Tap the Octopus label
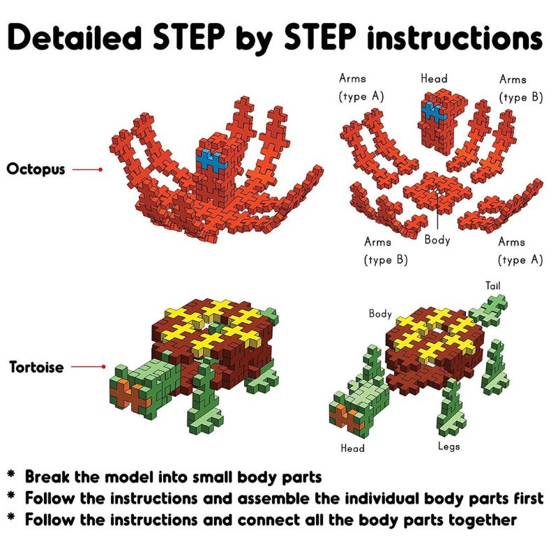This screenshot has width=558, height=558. tap(36, 169)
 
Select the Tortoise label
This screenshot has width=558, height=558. tap(37, 367)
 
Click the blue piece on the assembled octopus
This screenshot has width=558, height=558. tap(211, 160)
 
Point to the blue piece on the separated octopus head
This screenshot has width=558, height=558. tap(433, 112)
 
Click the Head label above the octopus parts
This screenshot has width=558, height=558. tap(434, 78)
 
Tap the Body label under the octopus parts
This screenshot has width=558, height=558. tap(437, 240)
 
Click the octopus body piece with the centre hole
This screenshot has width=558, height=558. tap(437, 192)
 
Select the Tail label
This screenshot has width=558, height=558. tap(493, 285)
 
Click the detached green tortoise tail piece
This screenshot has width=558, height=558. tap(488, 310)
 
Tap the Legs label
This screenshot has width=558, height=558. tap(448, 446)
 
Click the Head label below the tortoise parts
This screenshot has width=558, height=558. tap(353, 448)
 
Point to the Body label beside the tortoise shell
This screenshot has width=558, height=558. tap(380, 313)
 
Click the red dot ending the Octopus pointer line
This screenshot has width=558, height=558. tap(100, 169)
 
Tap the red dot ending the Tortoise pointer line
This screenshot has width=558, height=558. tap(103, 367)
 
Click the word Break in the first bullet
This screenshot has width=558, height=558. tap(47, 477)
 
